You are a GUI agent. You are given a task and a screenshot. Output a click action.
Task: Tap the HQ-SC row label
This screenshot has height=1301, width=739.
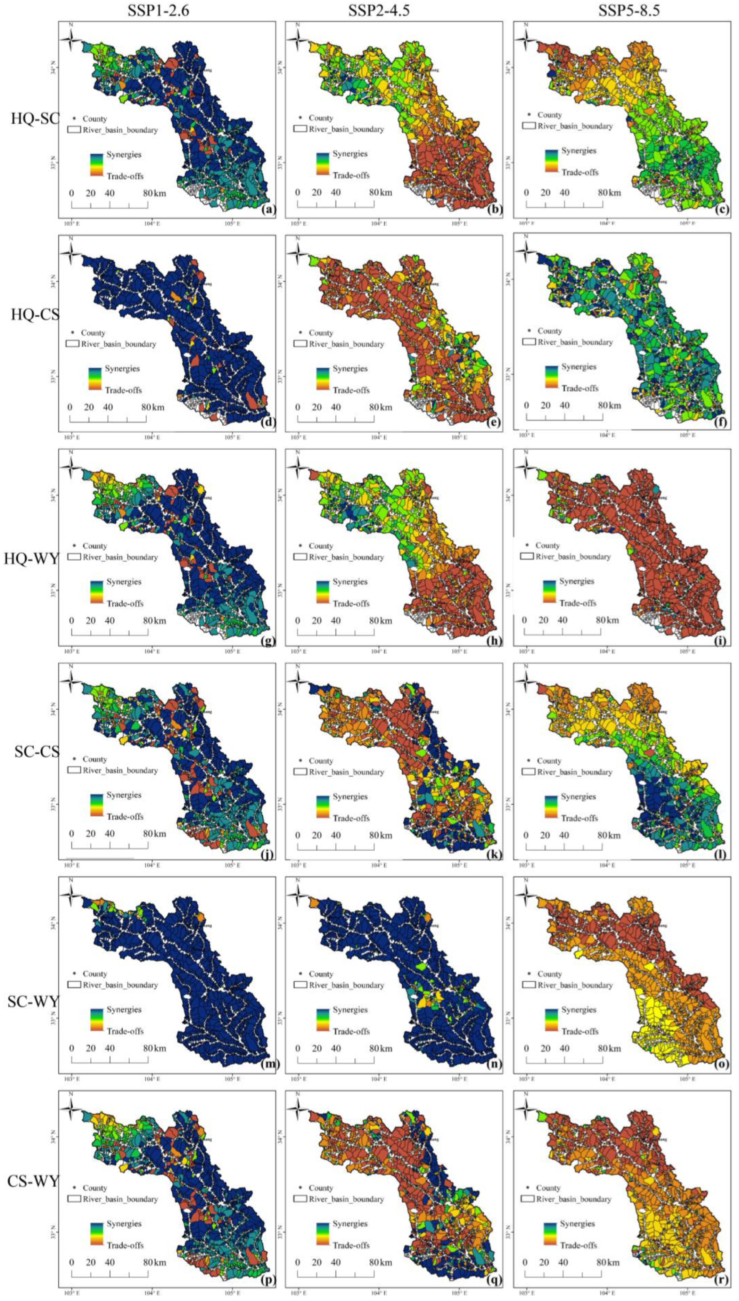click(34, 119)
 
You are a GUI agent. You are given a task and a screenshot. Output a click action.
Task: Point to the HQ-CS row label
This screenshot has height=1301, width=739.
click(34, 315)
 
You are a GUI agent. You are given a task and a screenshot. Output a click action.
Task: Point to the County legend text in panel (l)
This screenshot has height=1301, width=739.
click(549, 760)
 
